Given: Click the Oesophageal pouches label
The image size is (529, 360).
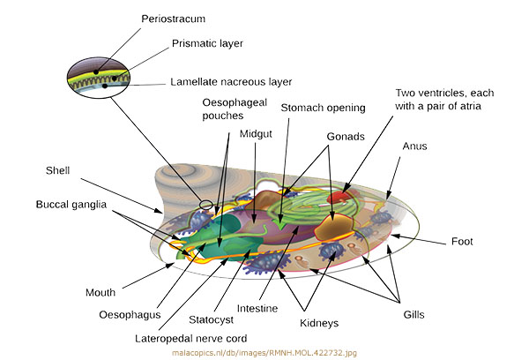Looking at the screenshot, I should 229,114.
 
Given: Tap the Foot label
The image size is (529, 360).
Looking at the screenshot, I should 462,241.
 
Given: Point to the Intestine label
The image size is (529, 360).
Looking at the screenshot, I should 257,308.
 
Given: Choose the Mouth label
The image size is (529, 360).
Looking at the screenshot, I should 101,292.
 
